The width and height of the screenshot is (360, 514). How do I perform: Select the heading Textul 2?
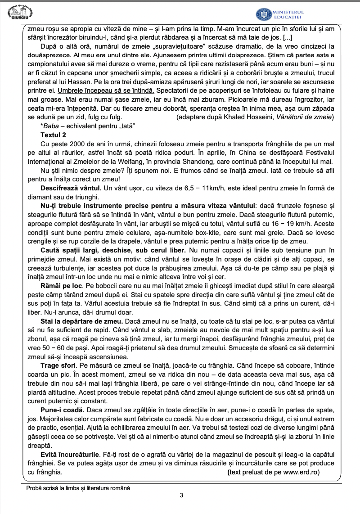[53, 134]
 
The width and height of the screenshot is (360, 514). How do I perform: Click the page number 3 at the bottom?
[181, 496]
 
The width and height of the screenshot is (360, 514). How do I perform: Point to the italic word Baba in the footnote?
[51, 125]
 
